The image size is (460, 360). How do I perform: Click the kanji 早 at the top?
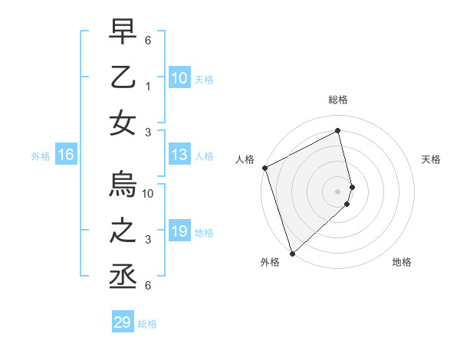(x=123, y=32)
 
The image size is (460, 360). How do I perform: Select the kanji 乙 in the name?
(x=123, y=78)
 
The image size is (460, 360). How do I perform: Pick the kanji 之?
(x=123, y=232)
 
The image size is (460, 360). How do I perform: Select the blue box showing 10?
(x=179, y=78)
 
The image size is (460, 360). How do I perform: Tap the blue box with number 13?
(x=179, y=155)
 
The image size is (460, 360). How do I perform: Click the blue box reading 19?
(x=179, y=232)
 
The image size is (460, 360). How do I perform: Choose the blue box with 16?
(x=65, y=155)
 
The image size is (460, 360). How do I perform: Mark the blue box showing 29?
(x=122, y=322)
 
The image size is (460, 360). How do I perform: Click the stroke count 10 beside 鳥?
(x=149, y=193)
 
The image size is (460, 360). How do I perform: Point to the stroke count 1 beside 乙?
(x=149, y=87)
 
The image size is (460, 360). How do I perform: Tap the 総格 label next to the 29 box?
(x=147, y=324)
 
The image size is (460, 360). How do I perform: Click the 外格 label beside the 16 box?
(x=41, y=156)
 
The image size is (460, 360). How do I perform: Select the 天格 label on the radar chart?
(x=432, y=159)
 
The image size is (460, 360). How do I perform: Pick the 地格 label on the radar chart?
(x=402, y=262)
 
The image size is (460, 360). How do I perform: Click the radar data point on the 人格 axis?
(x=264, y=168)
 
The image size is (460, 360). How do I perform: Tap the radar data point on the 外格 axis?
(x=292, y=253)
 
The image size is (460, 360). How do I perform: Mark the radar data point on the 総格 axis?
(x=338, y=131)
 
